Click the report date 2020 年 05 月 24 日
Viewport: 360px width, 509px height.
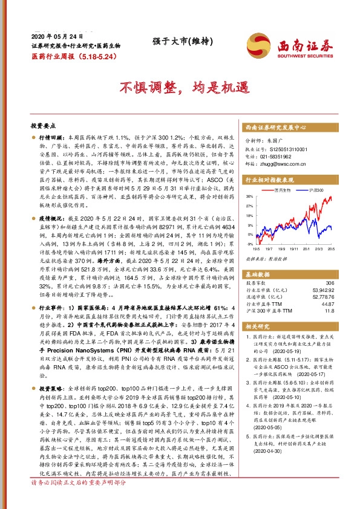click(x=56, y=35)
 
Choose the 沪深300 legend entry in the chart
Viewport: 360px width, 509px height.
click(x=316, y=190)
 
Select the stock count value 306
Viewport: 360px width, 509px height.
click(x=329, y=283)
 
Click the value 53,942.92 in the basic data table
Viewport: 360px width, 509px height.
click(x=322, y=290)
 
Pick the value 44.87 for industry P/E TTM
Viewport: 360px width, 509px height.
click(x=327, y=303)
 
